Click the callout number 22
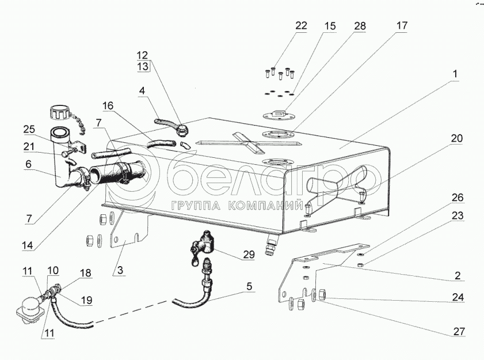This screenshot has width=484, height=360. click(x=300, y=26)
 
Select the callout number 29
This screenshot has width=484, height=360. click(x=249, y=255)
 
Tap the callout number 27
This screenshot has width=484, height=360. click(x=459, y=331)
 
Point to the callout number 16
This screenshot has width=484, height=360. click(x=108, y=106)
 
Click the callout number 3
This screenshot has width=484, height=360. click(x=120, y=270)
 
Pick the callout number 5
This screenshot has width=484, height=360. click(x=249, y=286)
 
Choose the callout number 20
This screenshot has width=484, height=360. click(x=456, y=138)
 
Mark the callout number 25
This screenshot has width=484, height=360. click(x=29, y=130)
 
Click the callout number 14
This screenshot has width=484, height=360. click(x=28, y=245)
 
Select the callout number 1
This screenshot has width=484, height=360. click(x=455, y=74)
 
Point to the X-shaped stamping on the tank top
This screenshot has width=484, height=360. click(x=247, y=143)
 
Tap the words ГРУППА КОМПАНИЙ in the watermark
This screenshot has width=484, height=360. click(x=236, y=206)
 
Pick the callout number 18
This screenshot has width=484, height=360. click(x=86, y=273)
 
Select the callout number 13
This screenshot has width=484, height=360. click(x=143, y=66)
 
